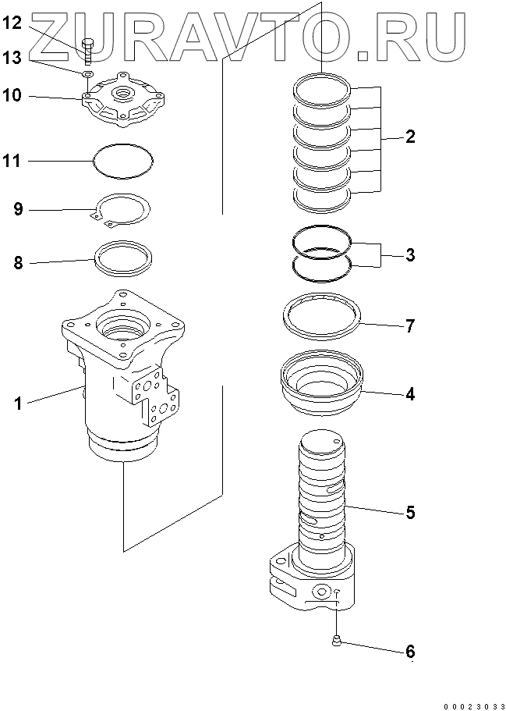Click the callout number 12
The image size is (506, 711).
[16, 23]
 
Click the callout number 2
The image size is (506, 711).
[410, 137]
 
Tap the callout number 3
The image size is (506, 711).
[410, 255]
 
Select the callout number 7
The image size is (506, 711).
[410, 325]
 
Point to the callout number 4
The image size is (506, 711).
[410, 393]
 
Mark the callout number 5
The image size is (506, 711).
[410, 513]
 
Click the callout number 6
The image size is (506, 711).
[410, 651]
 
